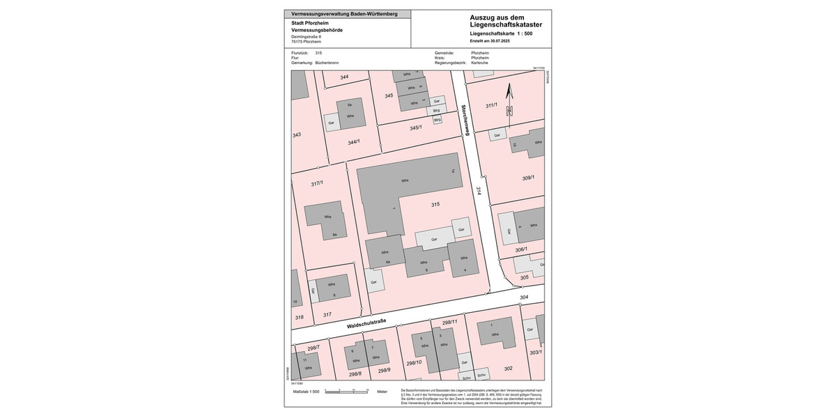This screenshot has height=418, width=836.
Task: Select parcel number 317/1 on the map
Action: [x=317, y=183]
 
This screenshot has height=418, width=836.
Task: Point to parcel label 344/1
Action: [x=354, y=142]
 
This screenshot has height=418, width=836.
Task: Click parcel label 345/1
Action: [x=416, y=127]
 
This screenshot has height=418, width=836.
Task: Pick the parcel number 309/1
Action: [x=527, y=178]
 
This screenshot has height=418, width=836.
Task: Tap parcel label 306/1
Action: [x=521, y=249]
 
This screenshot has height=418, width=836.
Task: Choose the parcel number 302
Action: [x=508, y=369]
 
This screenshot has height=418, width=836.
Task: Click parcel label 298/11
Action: [x=449, y=322]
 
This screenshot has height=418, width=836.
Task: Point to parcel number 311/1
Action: [x=491, y=105]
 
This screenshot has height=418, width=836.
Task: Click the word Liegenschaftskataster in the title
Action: [x=506, y=25]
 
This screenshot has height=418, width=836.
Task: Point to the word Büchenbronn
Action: [x=327, y=63]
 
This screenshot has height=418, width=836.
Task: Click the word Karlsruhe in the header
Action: [x=480, y=63]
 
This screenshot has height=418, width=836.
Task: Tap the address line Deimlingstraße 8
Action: [x=307, y=36]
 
